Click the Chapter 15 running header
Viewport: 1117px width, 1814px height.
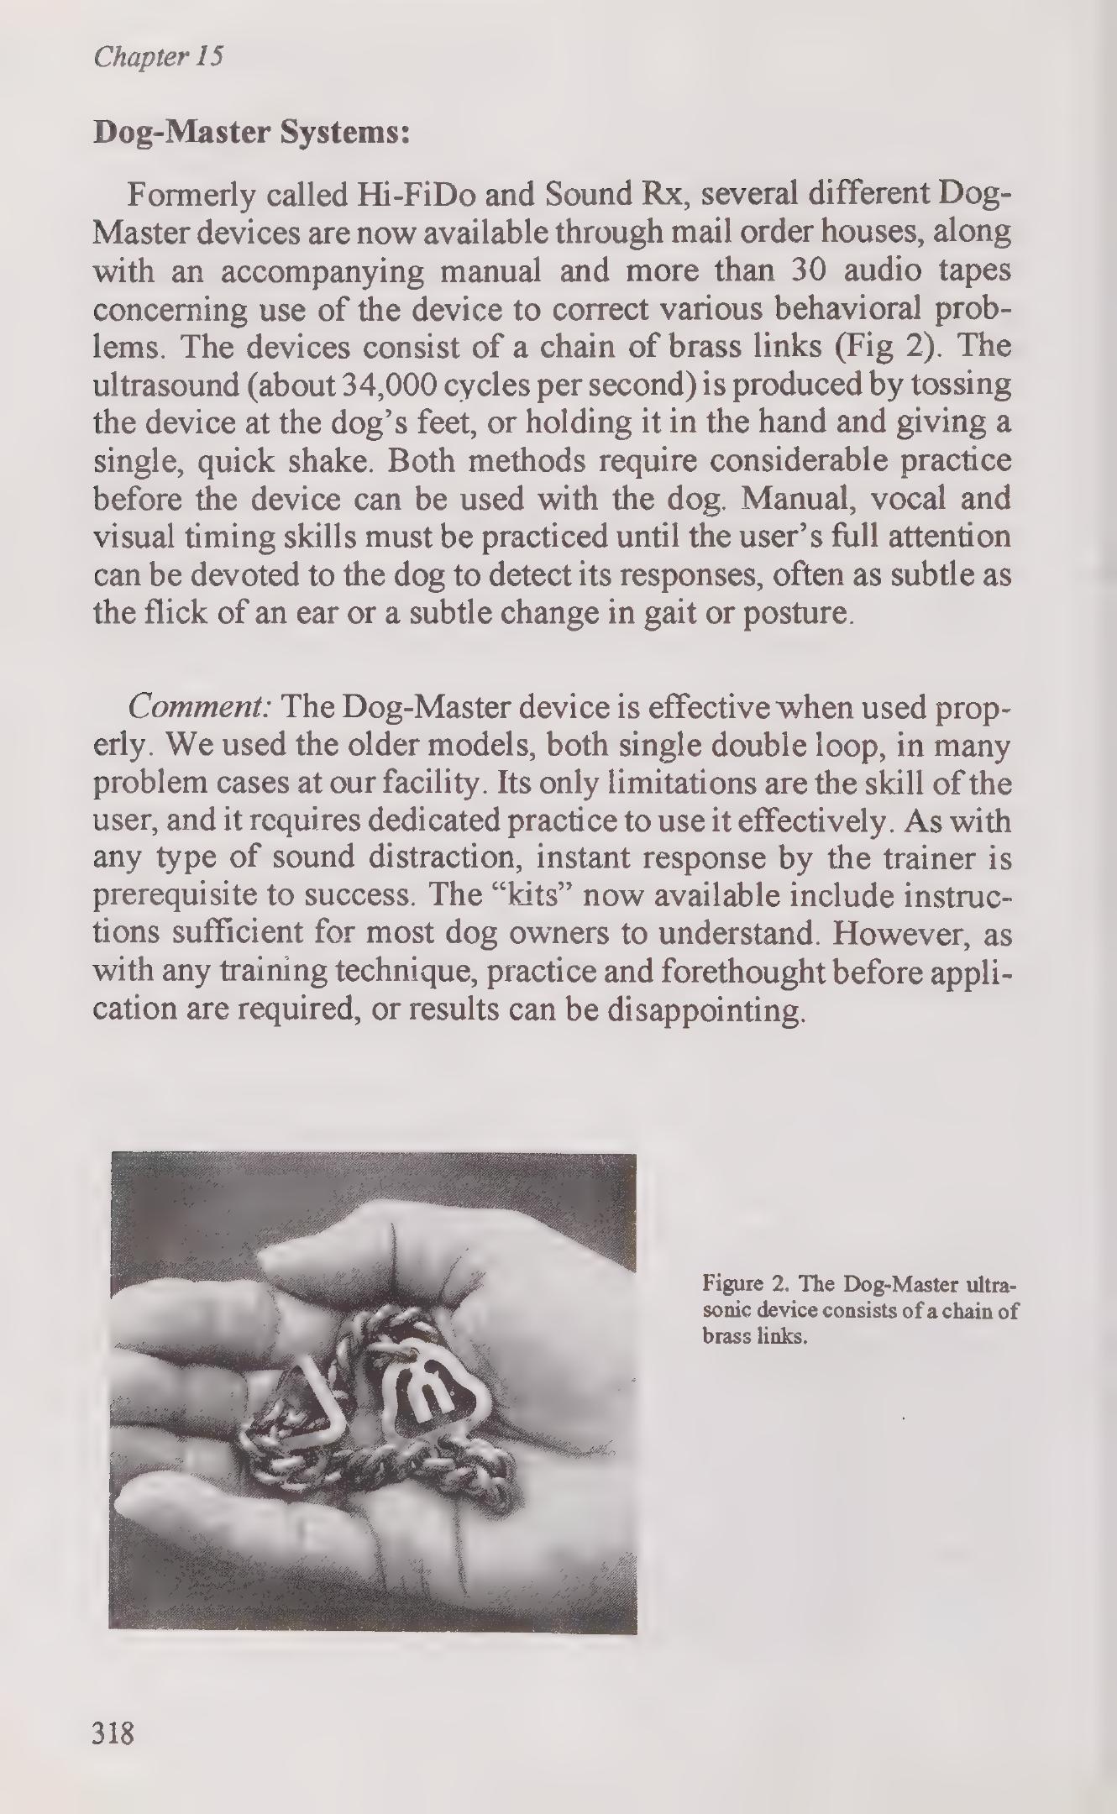(x=159, y=57)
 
